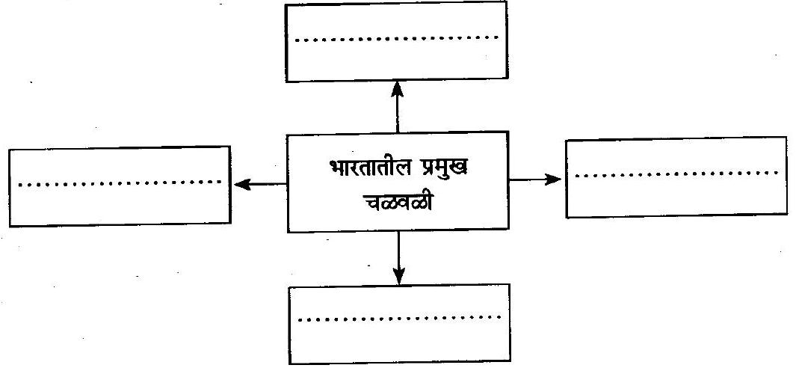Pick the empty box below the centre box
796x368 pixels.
tap(399, 340)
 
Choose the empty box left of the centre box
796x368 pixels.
tap(119, 202)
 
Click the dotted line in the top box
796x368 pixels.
tap(397, 37)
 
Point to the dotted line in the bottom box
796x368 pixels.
tap(399, 318)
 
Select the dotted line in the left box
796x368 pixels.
tap(119, 182)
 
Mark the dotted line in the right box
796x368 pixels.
tap(676, 174)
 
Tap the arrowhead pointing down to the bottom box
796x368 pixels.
tap(399, 277)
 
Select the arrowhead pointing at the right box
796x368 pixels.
tap(554, 179)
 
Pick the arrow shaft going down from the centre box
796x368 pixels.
tap(399, 252)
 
